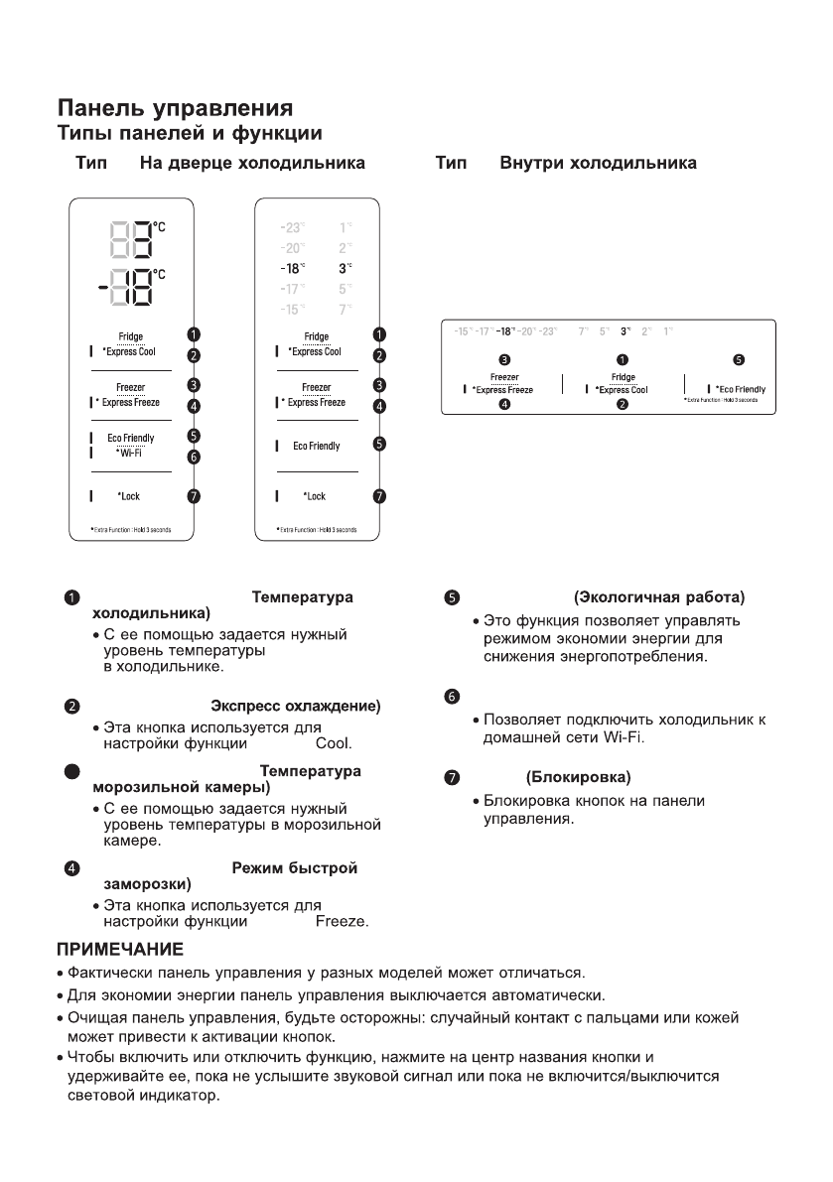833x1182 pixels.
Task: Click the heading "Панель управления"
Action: (x=174, y=107)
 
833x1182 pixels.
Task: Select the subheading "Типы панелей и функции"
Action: (x=190, y=131)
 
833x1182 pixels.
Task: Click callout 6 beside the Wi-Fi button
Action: (x=195, y=458)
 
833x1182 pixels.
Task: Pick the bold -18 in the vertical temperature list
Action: (x=293, y=268)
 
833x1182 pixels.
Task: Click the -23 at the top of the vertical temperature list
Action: (x=293, y=227)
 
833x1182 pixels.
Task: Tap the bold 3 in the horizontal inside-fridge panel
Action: (x=625, y=329)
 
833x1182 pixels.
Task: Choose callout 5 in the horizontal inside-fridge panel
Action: (x=737, y=359)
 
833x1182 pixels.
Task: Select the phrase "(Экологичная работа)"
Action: (x=659, y=597)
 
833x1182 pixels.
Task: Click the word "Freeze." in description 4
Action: (x=342, y=922)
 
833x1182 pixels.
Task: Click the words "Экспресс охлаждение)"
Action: (x=297, y=706)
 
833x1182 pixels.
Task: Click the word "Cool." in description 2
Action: (x=334, y=741)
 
